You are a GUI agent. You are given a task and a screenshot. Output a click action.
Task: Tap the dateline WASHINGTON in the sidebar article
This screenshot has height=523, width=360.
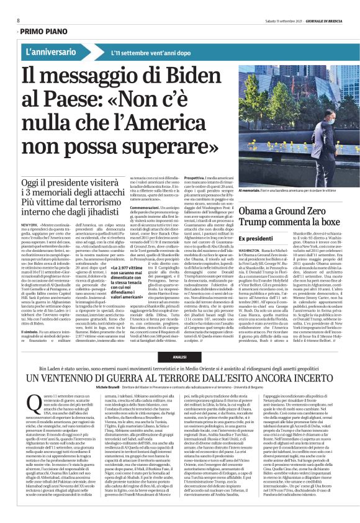[x=250, y=232]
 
